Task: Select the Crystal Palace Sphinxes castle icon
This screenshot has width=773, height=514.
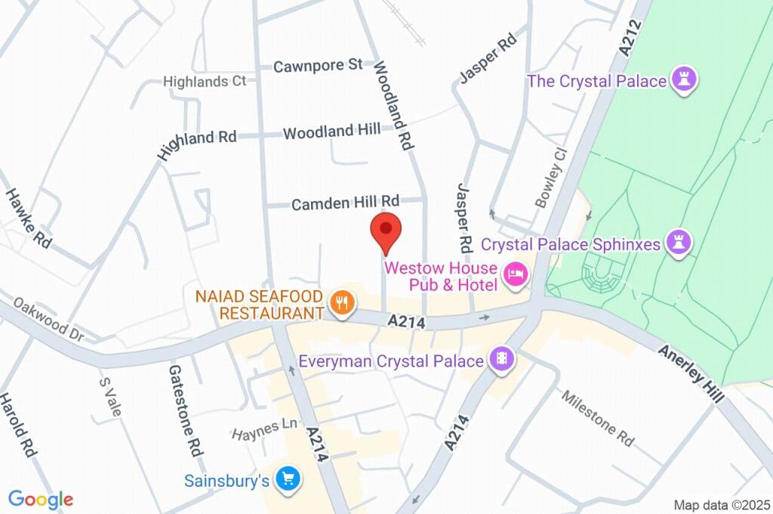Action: click(x=680, y=243)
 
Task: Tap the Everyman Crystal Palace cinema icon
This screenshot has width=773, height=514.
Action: click(x=500, y=361)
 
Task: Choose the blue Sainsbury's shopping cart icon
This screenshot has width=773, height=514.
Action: click(x=287, y=479)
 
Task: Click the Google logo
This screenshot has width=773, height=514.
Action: click(x=41, y=499)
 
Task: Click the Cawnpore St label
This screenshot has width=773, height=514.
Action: click(x=318, y=66)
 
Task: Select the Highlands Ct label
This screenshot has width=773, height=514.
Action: click(x=205, y=81)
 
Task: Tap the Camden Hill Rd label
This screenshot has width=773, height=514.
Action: click(x=345, y=203)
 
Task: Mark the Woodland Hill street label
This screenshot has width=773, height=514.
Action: click(x=331, y=132)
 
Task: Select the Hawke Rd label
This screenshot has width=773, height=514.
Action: click(x=29, y=219)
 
